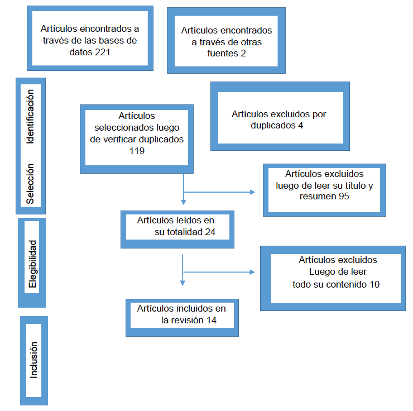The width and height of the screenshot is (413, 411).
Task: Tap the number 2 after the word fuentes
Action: coord(243,54)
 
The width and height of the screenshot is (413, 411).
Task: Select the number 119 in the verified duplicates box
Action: coord(137,151)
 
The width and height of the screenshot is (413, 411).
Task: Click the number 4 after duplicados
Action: coord(301,125)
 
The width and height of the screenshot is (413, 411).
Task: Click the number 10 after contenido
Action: coord(375,284)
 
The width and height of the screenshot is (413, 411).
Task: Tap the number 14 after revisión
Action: coord(210,320)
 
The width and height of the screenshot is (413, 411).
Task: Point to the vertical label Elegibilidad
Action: coord(32,264)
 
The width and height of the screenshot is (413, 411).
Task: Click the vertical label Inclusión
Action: coord(33,360)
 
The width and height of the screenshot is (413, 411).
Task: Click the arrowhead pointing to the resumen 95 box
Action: coord(252,192)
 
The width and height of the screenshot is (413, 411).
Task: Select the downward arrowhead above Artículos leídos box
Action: coord(183,201)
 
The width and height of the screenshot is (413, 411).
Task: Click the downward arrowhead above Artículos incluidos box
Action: coord(183,282)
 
